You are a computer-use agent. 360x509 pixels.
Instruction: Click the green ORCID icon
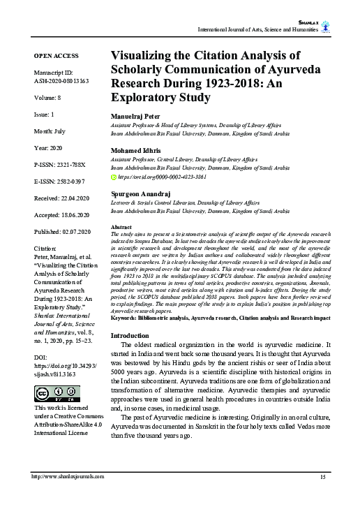click(114, 177)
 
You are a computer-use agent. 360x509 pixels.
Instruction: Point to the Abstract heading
click(122, 228)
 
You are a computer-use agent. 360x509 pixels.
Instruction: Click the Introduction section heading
click(135, 336)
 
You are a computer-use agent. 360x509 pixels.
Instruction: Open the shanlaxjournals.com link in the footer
click(68, 476)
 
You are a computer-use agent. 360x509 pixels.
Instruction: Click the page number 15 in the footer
click(323, 476)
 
